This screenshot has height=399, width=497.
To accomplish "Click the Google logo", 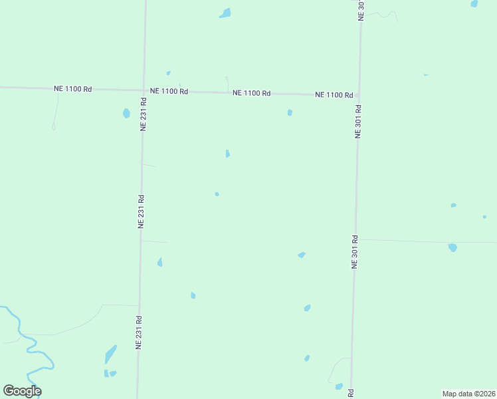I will (x=22, y=391).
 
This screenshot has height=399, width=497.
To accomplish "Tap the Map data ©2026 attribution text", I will (x=468, y=393).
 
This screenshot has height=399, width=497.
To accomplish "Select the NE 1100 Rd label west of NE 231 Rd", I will (x=72, y=88).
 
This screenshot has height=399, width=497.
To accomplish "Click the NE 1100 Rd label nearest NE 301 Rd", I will (x=334, y=95).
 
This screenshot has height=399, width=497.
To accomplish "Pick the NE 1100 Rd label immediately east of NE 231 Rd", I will (x=169, y=91).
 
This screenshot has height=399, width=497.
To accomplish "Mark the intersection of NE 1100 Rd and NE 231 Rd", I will (x=144, y=90).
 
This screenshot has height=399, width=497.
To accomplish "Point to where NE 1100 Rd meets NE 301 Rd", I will (x=359, y=95).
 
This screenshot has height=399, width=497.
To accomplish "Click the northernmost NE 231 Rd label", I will (x=143, y=114).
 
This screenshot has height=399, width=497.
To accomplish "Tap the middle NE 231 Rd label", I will (x=141, y=211).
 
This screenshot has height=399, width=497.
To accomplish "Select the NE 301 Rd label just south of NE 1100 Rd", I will (x=358, y=121).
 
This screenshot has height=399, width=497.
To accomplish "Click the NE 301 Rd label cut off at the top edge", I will (x=361, y=10).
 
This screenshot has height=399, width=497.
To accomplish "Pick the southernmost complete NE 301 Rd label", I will (x=355, y=251).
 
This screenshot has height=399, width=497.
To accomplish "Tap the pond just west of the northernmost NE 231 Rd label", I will (x=126, y=113).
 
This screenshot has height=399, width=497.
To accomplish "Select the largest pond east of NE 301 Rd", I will (x=452, y=247).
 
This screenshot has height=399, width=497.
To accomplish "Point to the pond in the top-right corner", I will (x=474, y=3).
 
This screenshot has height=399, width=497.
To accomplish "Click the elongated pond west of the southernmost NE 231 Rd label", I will (x=110, y=354).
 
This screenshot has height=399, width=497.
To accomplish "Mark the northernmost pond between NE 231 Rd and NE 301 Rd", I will (x=226, y=13).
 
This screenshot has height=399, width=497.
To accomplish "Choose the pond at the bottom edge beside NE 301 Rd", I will (x=339, y=386).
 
